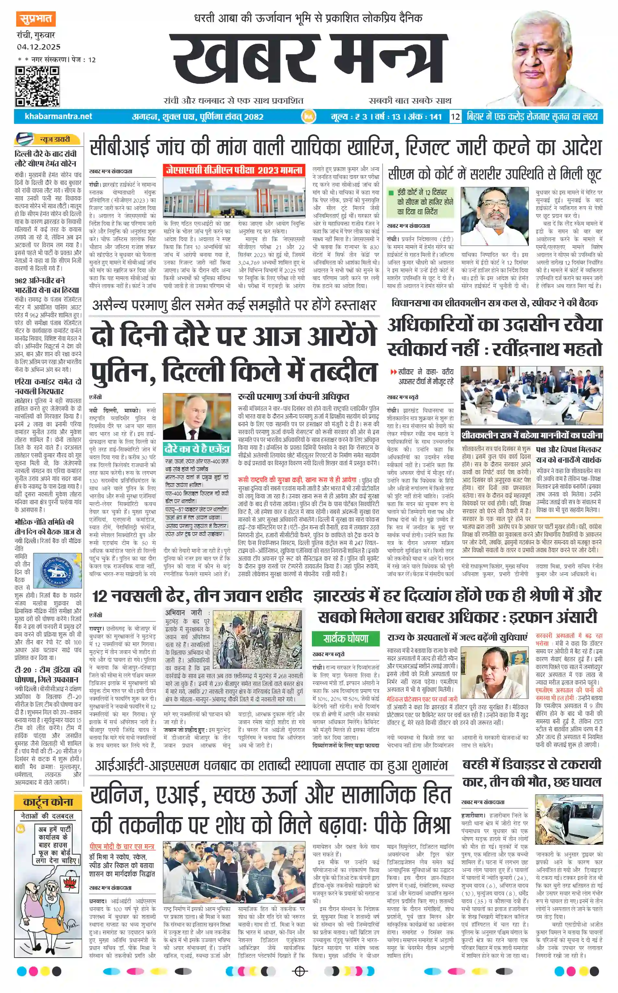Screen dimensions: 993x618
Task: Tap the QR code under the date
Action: [x=37, y=86]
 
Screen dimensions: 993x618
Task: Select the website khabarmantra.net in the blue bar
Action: [x=58, y=116]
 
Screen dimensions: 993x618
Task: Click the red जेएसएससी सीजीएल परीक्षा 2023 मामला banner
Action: [x=234, y=170]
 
